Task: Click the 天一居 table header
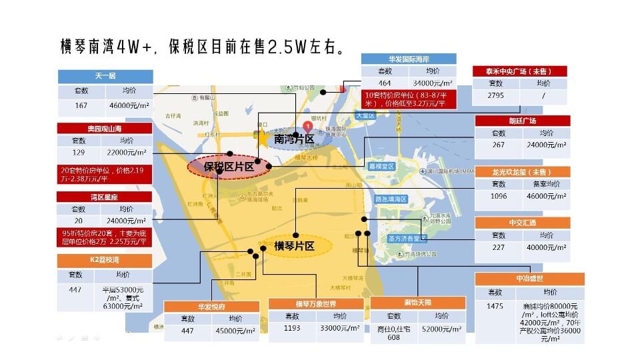105,77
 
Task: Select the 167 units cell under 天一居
81,105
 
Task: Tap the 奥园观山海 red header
104,128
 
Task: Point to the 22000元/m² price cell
127,153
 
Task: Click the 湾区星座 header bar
104,197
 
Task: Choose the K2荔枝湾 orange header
104,260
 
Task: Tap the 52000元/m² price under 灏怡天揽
442,329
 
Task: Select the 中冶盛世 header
529,279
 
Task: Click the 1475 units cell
495,306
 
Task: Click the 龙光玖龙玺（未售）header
522,171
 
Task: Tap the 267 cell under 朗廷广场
498,145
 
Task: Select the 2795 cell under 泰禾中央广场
495,96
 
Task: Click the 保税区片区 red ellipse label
228,167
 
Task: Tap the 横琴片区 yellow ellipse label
293,246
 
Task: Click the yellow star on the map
262,137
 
